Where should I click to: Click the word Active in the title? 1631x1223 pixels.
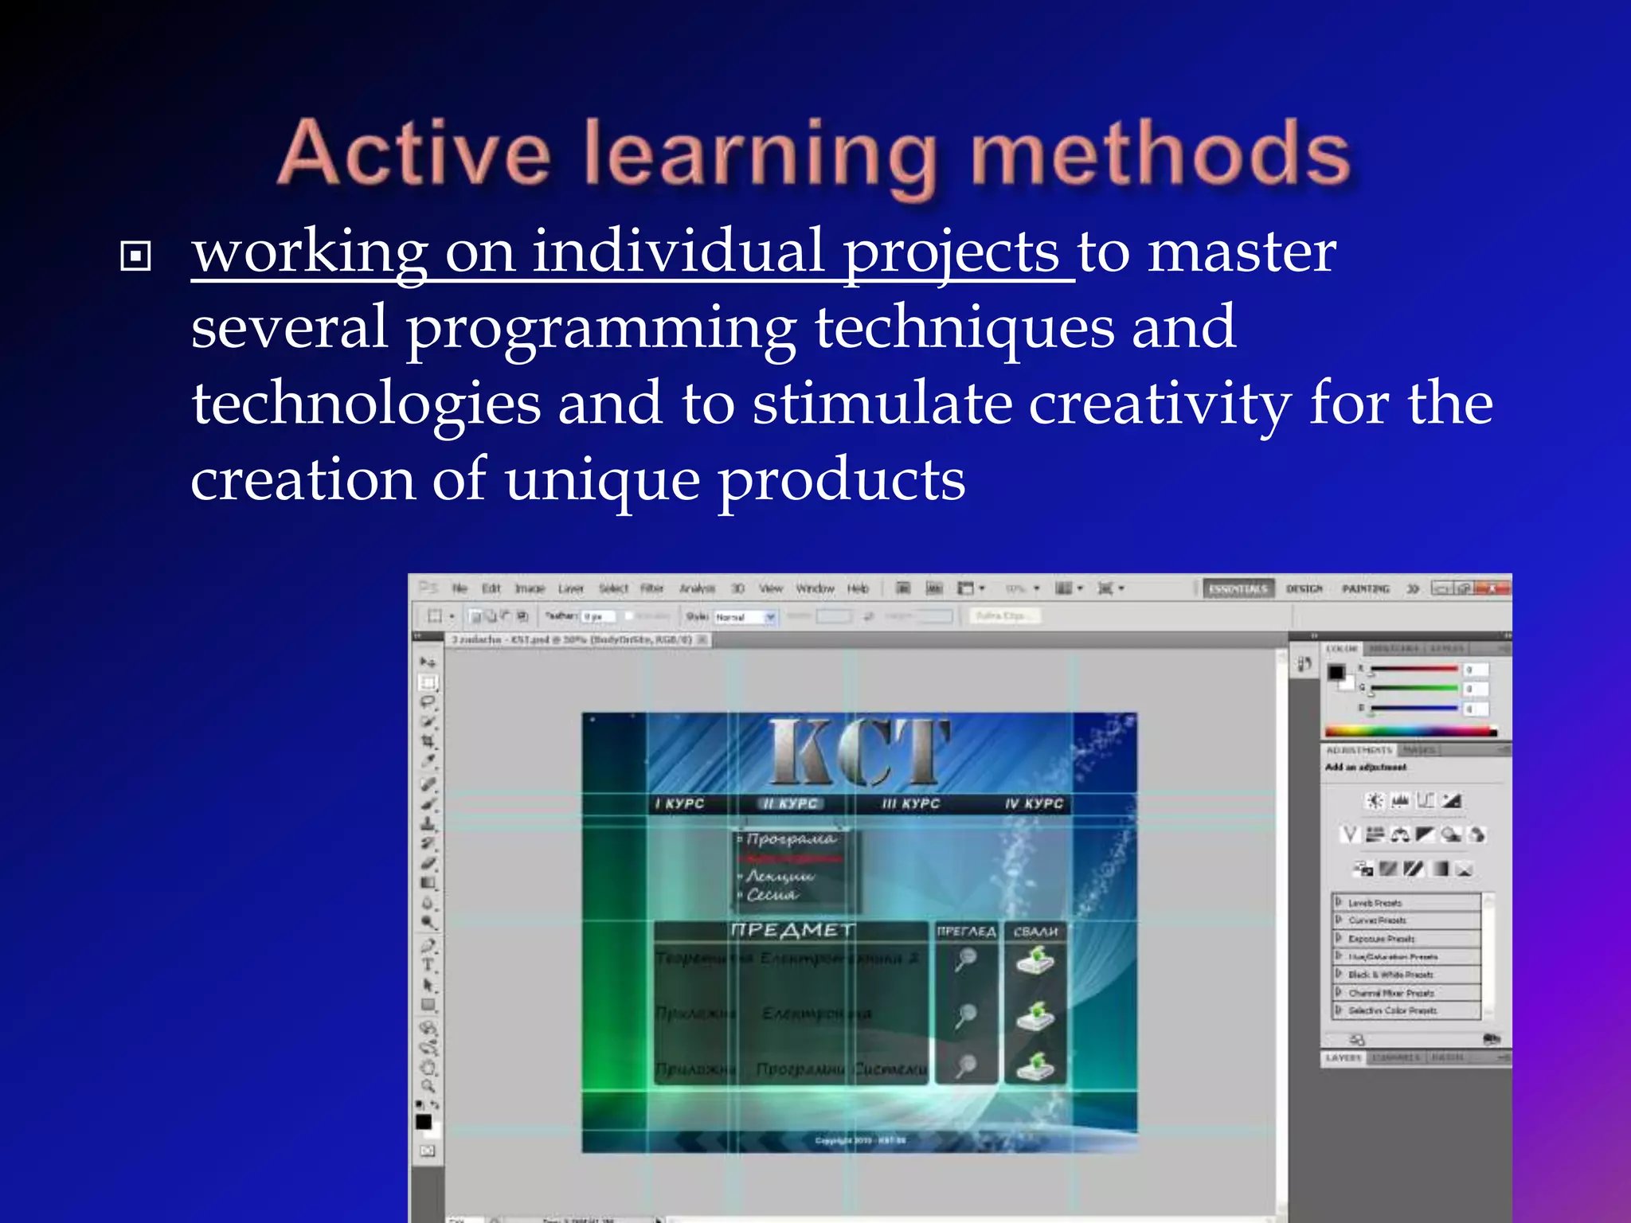pyautogui.click(x=414, y=153)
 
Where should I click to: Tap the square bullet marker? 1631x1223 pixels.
pyautogui.click(x=135, y=256)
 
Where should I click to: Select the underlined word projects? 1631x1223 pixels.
pyautogui.click(x=951, y=253)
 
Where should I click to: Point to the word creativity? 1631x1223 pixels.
pyautogui.click(x=1160, y=404)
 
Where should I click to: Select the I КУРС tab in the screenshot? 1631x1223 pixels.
pyautogui.click(x=679, y=804)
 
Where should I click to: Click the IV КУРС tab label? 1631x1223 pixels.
pyautogui.click(x=1034, y=804)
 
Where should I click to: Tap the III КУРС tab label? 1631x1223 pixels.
pyautogui.click(x=910, y=804)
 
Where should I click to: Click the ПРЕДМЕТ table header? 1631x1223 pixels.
pyautogui.click(x=792, y=930)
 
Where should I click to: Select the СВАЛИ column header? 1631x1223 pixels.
pyautogui.click(x=1035, y=932)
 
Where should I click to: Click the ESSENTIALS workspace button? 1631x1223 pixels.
pyautogui.click(x=1238, y=588)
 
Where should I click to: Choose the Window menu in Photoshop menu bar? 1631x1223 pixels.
pyautogui.click(x=815, y=588)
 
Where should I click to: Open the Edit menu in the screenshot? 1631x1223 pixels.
pyautogui.click(x=491, y=588)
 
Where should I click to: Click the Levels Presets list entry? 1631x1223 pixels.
pyautogui.click(x=1375, y=903)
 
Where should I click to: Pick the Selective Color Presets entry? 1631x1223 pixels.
pyautogui.click(x=1392, y=1010)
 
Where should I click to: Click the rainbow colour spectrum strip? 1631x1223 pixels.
pyautogui.click(x=1410, y=731)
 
